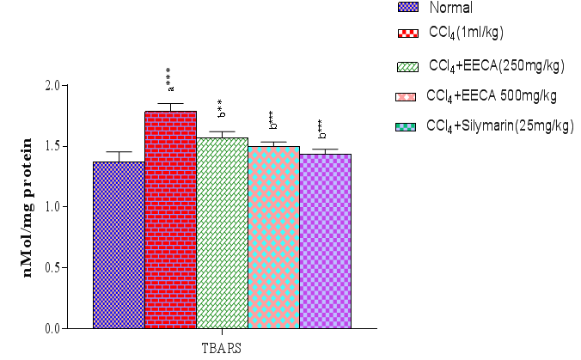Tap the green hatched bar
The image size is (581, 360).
222,232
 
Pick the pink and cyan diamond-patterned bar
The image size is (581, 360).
273,236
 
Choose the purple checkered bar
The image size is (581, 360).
325,241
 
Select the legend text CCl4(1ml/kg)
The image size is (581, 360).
465,33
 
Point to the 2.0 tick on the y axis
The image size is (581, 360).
75,86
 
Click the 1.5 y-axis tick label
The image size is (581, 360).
75,146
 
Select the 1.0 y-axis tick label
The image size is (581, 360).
75,207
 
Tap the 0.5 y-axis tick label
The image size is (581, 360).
75,267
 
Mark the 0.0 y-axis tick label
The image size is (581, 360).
75,328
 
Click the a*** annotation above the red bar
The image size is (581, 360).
170,79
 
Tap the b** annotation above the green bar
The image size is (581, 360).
221,109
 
